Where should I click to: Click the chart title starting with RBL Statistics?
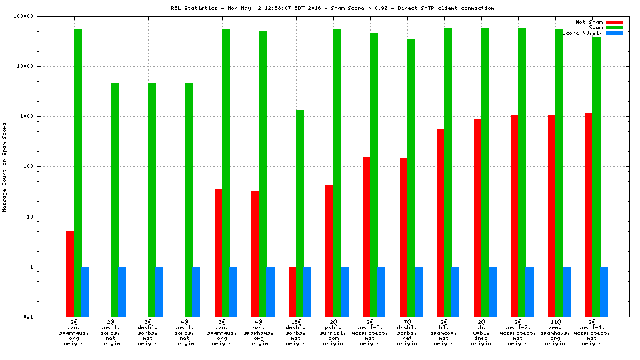pos(333,8)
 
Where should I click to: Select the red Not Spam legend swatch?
pos(614,22)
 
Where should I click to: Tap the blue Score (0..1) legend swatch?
pos(614,33)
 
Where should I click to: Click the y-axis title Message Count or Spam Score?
pos(5,167)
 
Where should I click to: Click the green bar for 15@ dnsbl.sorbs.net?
pos(300,213)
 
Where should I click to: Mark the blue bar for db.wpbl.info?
pos(493,291)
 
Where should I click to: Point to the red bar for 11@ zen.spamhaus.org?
pos(551,216)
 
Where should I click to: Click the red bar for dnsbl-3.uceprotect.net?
pos(366,237)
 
